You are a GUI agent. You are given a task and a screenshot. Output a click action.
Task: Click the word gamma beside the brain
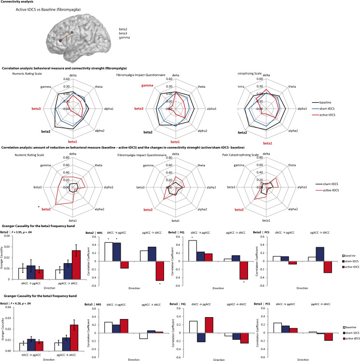(x=125, y=37)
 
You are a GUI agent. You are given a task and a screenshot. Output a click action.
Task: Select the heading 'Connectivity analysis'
(x=20, y=2)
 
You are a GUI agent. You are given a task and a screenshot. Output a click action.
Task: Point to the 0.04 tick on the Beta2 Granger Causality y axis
(x=5, y=235)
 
